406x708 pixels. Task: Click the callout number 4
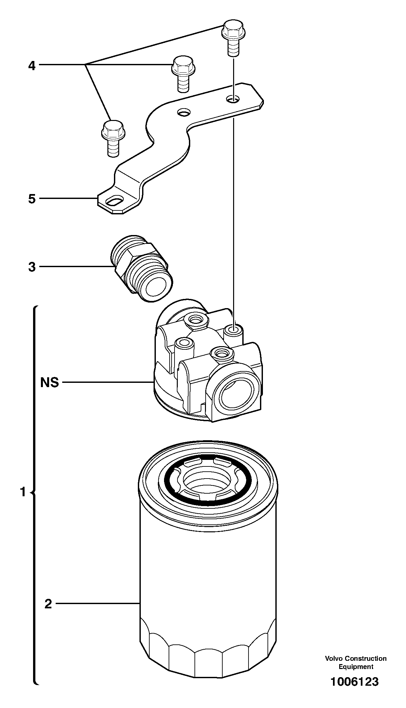point(31,66)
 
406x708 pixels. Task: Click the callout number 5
point(31,199)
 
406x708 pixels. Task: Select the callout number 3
point(31,267)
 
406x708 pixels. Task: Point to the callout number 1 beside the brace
point(23,492)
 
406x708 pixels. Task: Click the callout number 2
point(48,604)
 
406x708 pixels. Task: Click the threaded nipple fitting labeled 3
point(141,267)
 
